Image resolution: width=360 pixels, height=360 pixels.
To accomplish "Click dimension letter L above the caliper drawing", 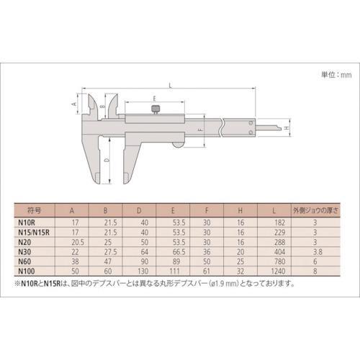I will coord(168,86).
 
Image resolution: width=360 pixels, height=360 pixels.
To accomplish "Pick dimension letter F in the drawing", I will coord(200,131).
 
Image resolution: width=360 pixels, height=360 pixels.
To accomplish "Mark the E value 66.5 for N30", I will coord(176,253).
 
